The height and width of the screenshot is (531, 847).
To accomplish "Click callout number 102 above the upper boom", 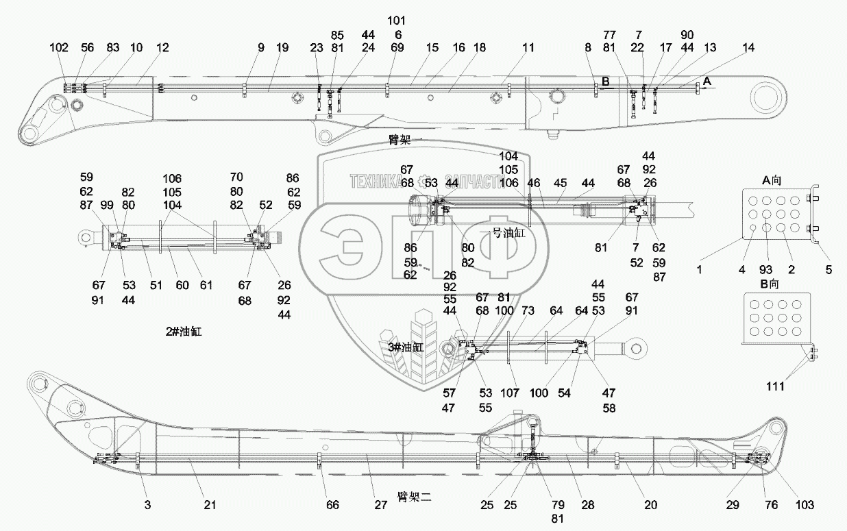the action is [x=60, y=48].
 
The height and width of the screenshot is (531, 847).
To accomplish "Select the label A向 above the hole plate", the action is [x=772, y=180].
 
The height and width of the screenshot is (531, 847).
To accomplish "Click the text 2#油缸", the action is [x=183, y=332].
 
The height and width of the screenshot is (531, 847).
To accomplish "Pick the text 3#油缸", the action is [x=406, y=347].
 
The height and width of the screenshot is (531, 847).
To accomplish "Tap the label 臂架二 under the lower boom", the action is [x=414, y=496].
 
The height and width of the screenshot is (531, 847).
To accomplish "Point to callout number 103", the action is [x=805, y=505].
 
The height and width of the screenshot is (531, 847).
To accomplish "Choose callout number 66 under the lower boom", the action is [x=332, y=505].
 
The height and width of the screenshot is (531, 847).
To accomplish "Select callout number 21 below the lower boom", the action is [x=210, y=505].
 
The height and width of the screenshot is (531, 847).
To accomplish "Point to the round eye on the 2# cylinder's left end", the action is [x=85, y=237].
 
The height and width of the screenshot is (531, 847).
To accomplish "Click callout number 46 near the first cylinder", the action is [x=534, y=183].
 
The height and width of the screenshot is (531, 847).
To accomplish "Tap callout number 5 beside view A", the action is [x=828, y=270].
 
